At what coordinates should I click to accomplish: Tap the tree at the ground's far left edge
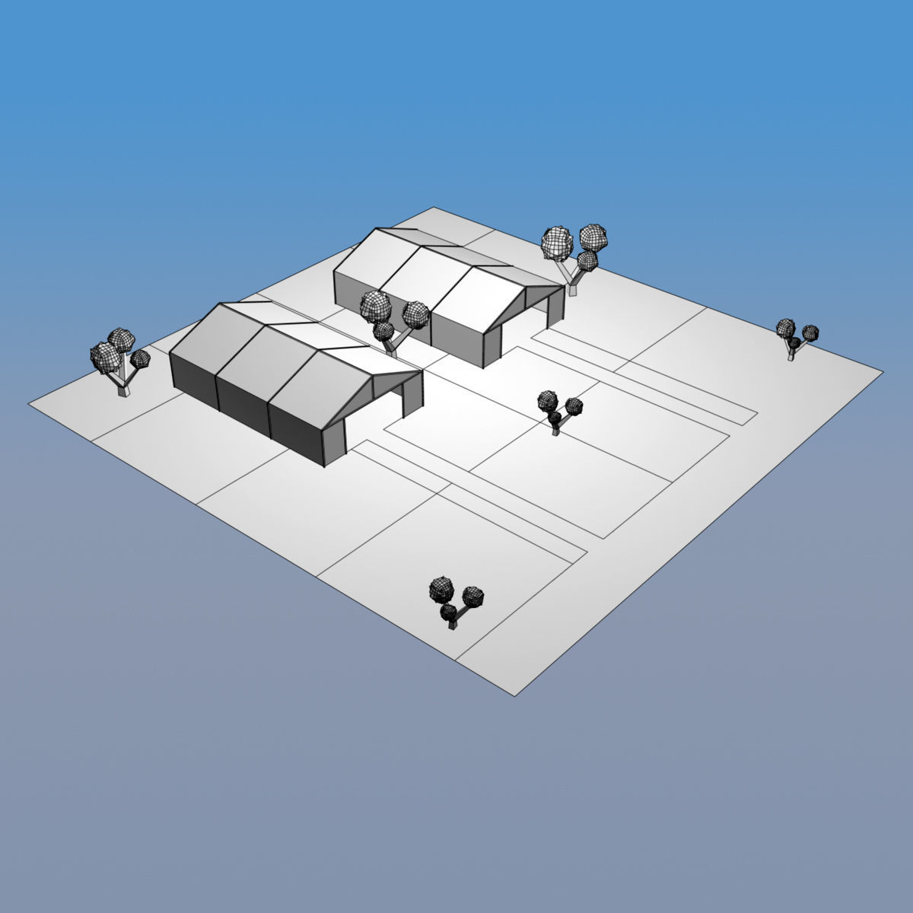pyautogui.click(x=118, y=361)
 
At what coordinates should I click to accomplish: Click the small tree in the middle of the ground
pyautogui.click(x=557, y=411)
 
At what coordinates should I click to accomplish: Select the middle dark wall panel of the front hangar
pyautogui.click(x=243, y=407)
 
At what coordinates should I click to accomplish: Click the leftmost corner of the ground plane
pyautogui.click(x=30, y=404)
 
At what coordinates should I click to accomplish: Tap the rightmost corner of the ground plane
pyautogui.click(x=883, y=373)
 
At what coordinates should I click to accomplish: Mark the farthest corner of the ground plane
pyautogui.click(x=432, y=207)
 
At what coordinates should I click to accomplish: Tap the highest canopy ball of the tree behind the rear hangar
pyautogui.click(x=593, y=235)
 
